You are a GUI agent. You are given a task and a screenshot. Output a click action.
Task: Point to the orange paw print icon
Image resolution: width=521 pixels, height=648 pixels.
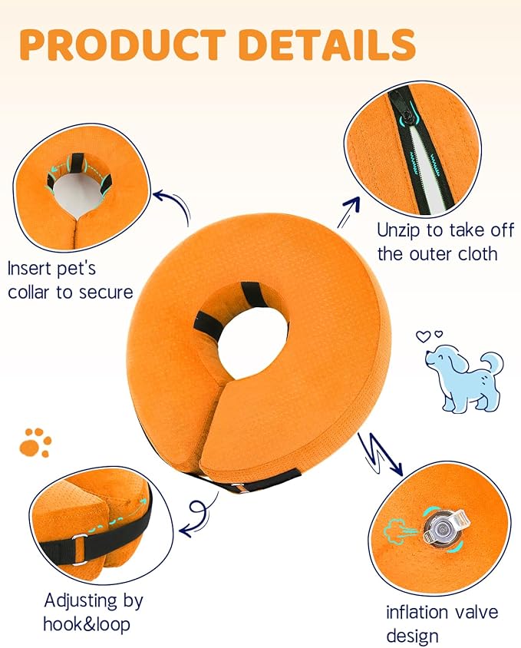(35, 441)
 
